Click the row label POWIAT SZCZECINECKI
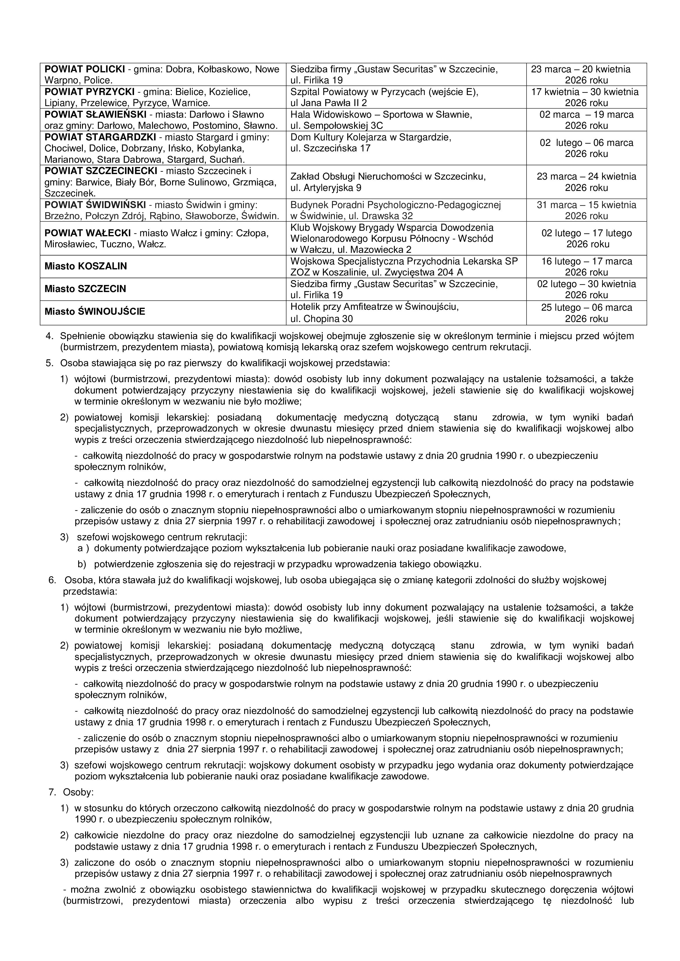tap(101, 171)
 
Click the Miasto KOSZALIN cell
tap(85, 266)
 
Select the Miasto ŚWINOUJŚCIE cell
tap(95, 312)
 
